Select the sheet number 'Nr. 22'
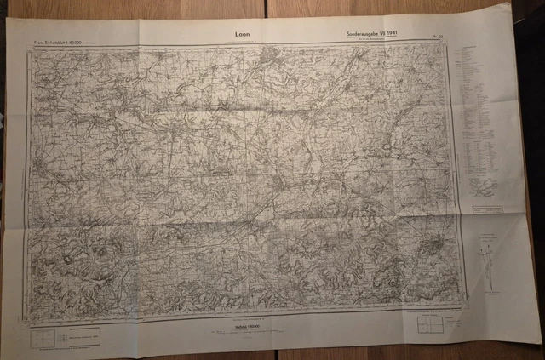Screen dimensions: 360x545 click(x=438, y=36)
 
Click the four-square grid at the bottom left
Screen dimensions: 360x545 click(x=43, y=337)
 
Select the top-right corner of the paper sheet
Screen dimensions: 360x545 click(x=512, y=4)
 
